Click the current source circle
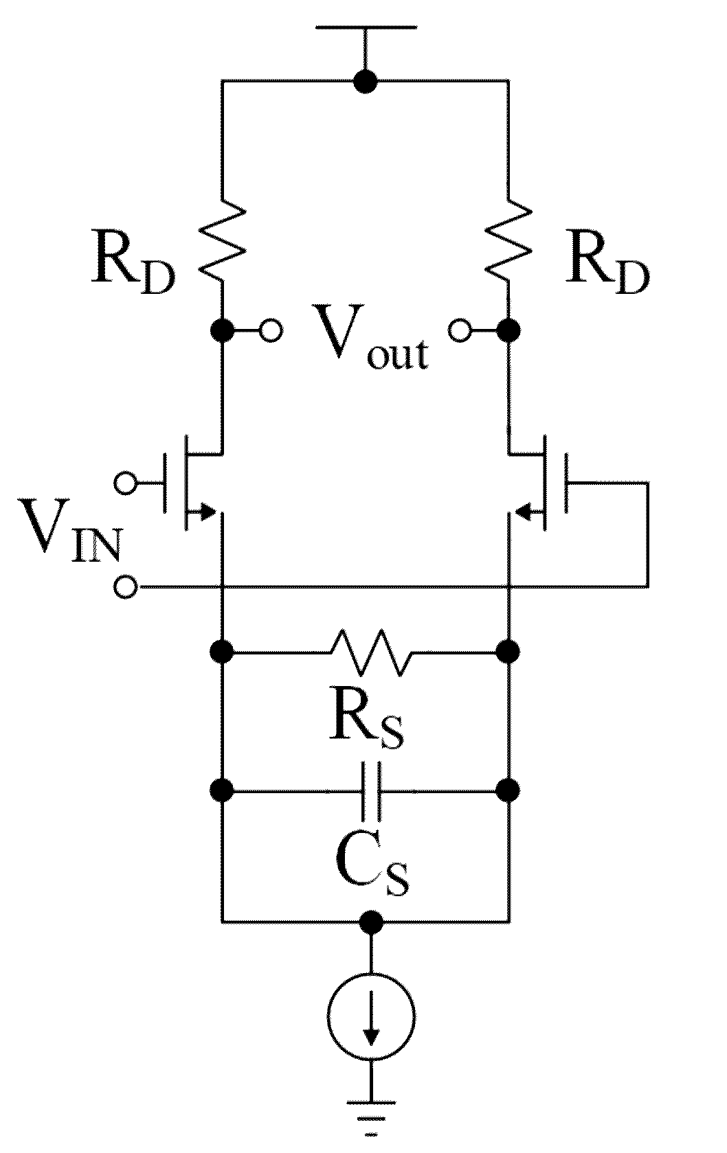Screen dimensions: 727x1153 coord(370,1016)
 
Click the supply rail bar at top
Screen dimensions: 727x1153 coord(366,25)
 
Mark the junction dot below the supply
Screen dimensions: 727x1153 coord(366,81)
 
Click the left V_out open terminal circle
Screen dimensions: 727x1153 coord(271,330)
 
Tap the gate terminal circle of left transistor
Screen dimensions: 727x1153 coord(126,483)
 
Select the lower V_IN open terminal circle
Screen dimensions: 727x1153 coord(126,586)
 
